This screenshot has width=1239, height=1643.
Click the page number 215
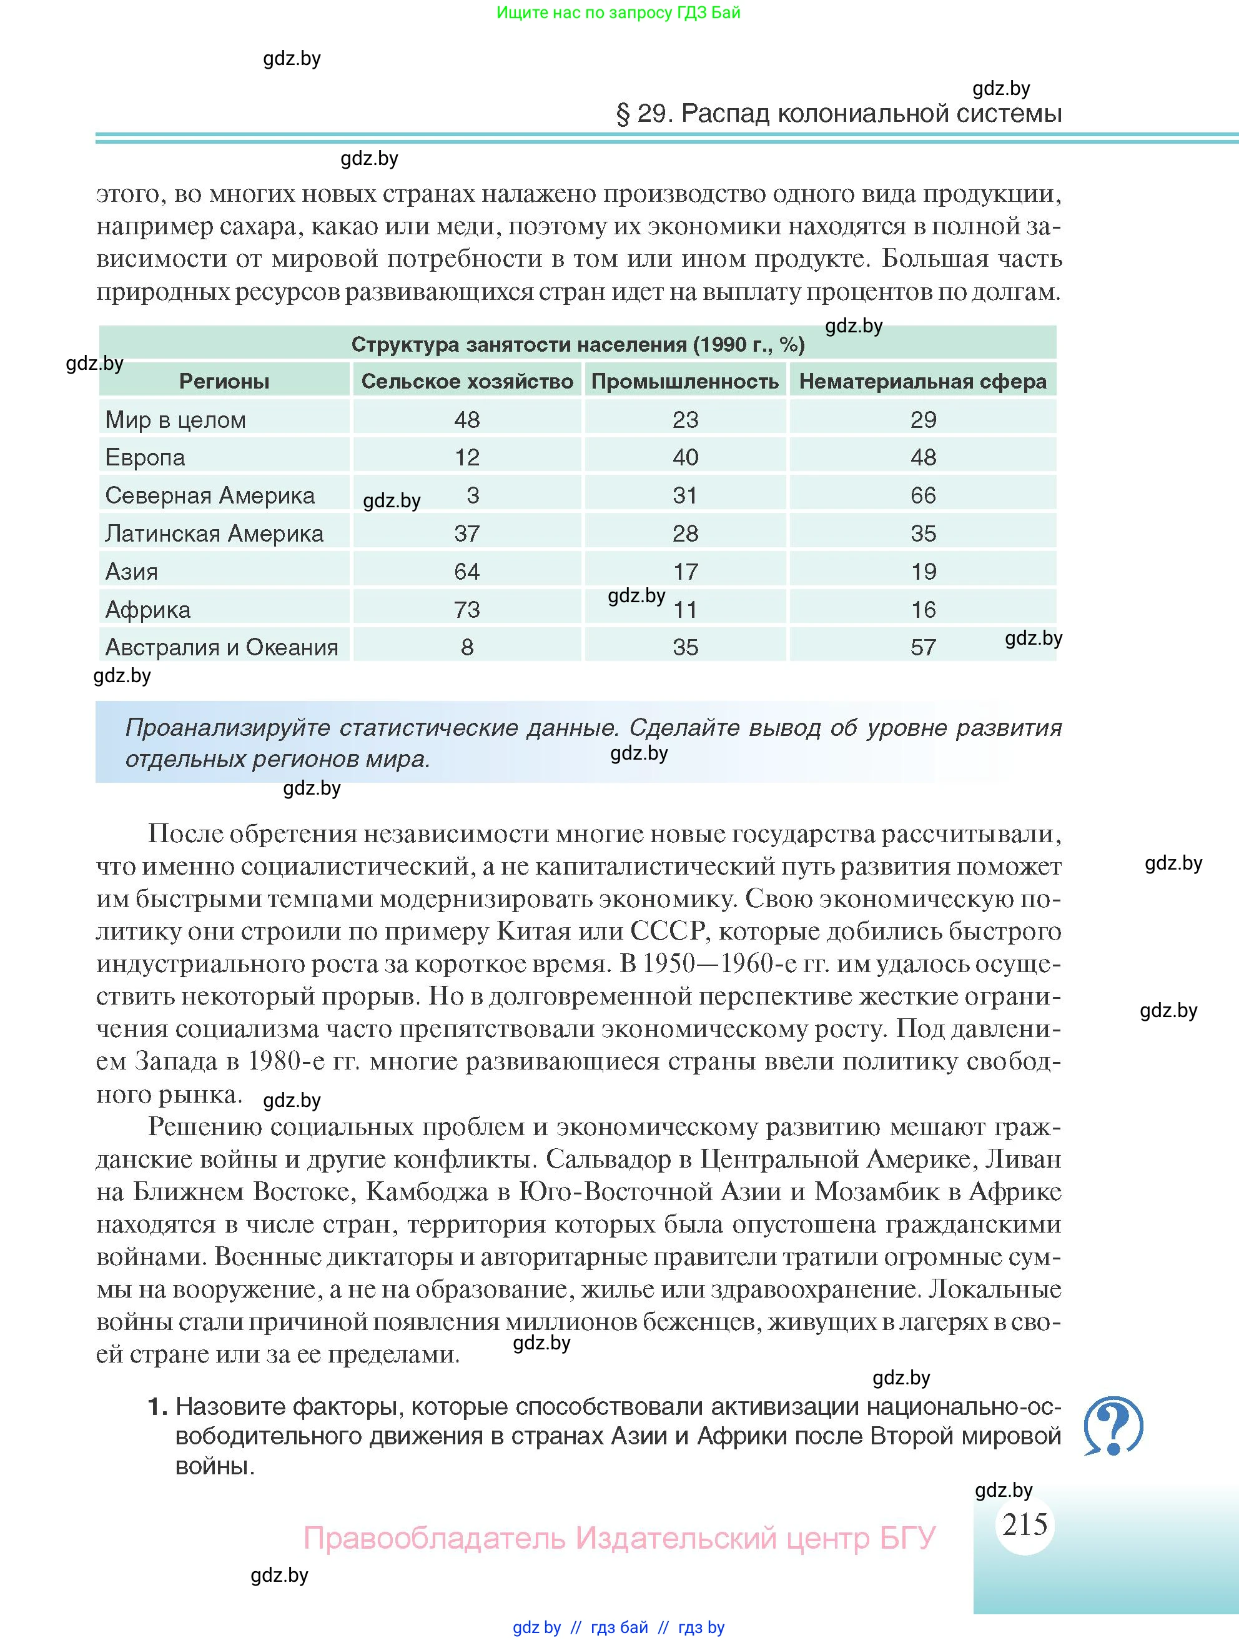tap(1024, 1525)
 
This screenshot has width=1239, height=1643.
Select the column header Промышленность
tap(684, 382)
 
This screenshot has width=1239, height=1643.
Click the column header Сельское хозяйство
tap(467, 382)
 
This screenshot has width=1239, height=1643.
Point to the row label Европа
tap(146, 457)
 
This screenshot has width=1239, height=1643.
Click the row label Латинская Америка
tap(215, 534)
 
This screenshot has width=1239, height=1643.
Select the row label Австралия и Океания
tap(222, 647)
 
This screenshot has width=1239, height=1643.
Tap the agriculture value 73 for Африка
tap(467, 610)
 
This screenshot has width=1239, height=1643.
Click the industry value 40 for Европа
tap(685, 457)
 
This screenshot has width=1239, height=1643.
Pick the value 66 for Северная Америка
tap(923, 495)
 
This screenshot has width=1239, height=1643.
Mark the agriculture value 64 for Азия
tap(467, 572)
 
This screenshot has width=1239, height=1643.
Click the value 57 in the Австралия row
tap(923, 647)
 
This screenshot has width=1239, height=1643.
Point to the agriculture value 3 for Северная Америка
tap(473, 495)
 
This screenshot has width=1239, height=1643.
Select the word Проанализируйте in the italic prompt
tap(227, 727)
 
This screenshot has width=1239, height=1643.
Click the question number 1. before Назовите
tap(158, 1407)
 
